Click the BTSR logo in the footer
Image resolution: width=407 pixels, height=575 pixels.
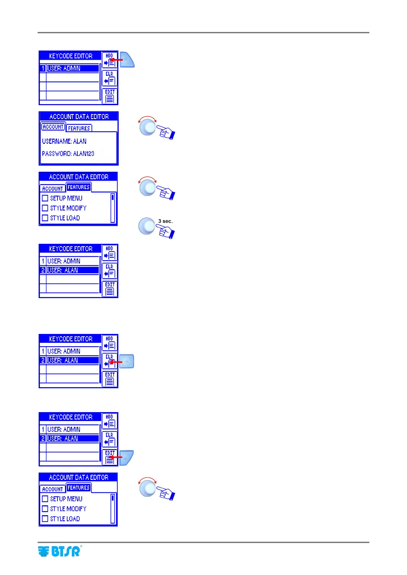(x=59, y=551)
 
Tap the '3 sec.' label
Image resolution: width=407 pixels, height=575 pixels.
(x=166, y=221)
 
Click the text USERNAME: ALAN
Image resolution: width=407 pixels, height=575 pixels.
(x=64, y=141)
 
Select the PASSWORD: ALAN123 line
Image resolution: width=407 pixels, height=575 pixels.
(x=68, y=154)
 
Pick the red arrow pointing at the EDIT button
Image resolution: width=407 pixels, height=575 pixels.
(x=116, y=457)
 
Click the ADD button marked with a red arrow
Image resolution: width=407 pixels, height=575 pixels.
(x=109, y=59)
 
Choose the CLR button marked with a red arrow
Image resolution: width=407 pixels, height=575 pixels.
(x=109, y=361)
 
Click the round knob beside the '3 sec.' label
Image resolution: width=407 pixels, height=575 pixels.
(x=147, y=226)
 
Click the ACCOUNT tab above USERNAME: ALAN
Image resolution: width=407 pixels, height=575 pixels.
(x=53, y=127)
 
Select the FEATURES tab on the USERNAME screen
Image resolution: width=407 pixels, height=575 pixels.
(x=79, y=128)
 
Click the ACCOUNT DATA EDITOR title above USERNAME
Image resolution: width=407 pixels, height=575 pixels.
(x=79, y=116)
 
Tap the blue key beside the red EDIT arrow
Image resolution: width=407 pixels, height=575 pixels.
(x=127, y=458)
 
